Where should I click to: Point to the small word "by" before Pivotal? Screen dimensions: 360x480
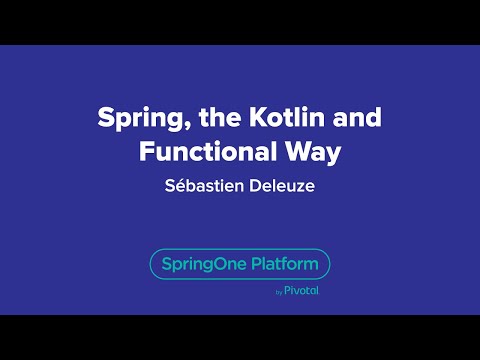coord(278,293)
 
